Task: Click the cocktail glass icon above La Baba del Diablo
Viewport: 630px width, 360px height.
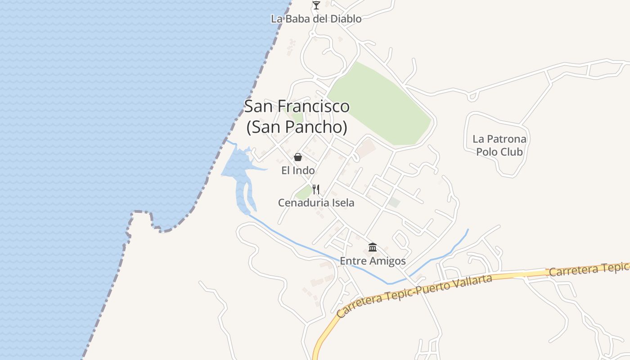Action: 316,5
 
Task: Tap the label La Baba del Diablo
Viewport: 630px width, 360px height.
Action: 316,19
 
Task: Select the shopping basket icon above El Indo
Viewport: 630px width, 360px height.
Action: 298,157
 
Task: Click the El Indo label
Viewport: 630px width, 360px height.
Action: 298,170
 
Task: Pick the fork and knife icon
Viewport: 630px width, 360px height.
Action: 316,189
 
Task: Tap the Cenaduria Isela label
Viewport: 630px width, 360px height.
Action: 316,203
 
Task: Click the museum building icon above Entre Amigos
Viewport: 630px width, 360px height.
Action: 373,247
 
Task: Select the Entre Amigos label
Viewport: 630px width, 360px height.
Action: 373,261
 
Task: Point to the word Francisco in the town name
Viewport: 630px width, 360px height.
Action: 314,106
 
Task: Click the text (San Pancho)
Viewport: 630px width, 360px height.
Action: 297,127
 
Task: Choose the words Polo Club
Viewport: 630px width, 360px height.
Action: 499,152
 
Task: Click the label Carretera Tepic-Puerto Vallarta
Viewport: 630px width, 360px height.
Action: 414,295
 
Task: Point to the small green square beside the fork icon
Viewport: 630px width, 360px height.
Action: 305,192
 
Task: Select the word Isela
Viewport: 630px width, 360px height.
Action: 343,203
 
